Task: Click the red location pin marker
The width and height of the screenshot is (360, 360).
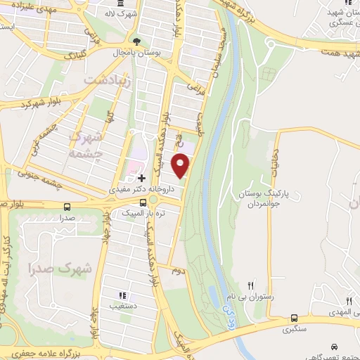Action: click(x=181, y=165)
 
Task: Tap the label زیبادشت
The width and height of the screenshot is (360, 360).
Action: click(x=109, y=80)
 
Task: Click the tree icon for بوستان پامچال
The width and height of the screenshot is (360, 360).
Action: click(x=137, y=42)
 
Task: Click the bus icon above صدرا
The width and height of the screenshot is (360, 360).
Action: click(x=67, y=207)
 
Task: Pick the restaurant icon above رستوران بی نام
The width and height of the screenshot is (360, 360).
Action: click(x=251, y=285)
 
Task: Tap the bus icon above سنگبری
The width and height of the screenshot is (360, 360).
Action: click(x=293, y=317)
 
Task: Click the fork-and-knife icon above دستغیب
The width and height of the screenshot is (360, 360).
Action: click(x=123, y=295)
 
